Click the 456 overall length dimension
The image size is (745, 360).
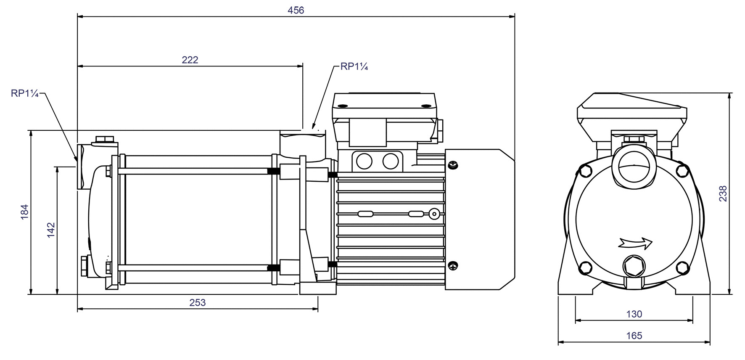[296, 10]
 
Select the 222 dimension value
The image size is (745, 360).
[190, 60]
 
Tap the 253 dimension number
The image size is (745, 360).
[198, 302]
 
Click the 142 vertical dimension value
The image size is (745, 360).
[51, 230]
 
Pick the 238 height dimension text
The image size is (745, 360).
[722, 193]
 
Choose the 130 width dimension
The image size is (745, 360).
[634, 314]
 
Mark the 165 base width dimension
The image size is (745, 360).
[634, 336]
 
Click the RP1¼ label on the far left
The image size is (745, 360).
[25, 93]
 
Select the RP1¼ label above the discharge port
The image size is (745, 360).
[354, 66]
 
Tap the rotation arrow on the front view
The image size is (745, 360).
[635, 243]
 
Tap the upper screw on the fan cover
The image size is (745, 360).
[453, 165]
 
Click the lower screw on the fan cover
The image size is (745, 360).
[453, 265]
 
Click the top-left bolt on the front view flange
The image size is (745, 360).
[585, 171]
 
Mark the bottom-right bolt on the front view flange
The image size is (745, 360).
[682, 267]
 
